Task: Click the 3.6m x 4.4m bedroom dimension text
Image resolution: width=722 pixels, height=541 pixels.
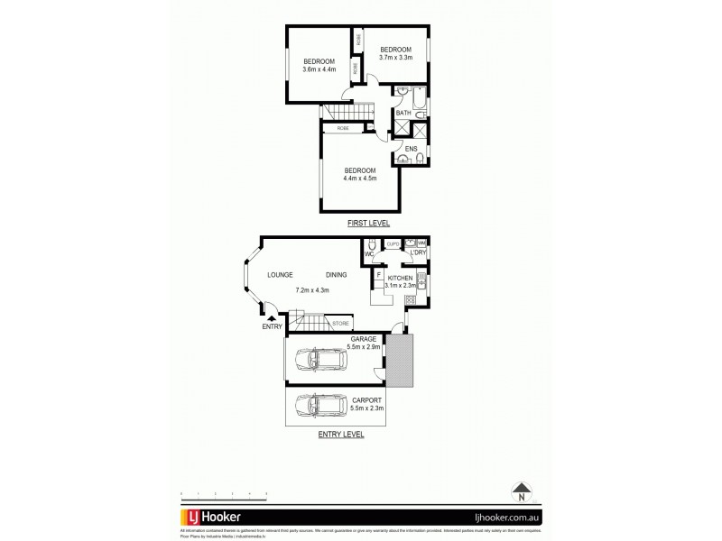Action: coord(319,69)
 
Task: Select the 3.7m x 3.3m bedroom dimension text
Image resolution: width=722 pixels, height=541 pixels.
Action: coord(395,57)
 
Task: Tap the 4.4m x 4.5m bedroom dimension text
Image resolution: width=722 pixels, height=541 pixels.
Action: coord(358,178)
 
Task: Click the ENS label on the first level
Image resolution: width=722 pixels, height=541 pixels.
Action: coord(410,148)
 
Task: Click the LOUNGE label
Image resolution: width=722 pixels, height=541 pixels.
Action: coord(280,275)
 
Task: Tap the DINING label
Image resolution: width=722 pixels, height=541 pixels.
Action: coord(338,275)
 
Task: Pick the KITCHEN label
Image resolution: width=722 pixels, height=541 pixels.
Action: coord(401,278)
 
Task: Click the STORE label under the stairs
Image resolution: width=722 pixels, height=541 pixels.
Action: coord(339,322)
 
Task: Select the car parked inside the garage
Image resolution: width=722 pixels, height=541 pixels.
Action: coord(321,360)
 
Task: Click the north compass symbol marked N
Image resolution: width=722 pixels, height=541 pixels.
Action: coord(521,493)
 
